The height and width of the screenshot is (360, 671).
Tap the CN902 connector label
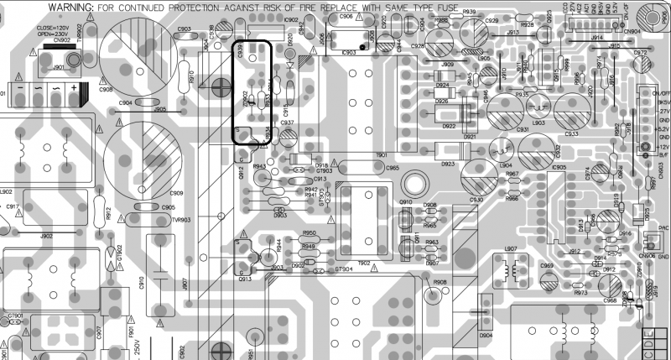[x=60, y=40]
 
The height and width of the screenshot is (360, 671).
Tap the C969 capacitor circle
[x=548, y=278]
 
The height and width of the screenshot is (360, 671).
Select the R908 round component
[x=434, y=293]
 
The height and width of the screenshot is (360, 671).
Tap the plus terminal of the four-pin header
[x=74, y=88]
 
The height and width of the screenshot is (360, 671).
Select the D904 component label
[x=486, y=335]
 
